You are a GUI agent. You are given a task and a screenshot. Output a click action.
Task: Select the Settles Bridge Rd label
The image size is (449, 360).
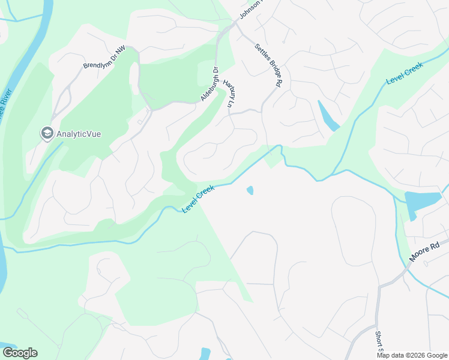(x=268, y=66)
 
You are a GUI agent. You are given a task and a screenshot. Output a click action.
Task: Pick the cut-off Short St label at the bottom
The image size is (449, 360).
(x=379, y=343)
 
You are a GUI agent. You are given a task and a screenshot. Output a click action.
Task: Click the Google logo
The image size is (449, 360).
(x=20, y=353)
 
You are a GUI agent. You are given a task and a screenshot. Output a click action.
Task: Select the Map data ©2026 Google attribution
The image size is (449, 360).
(x=412, y=355)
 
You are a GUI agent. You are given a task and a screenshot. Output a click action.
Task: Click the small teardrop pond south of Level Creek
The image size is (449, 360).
(x=250, y=191)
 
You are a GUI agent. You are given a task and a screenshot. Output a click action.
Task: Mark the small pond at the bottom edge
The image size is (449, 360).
(x=205, y=353)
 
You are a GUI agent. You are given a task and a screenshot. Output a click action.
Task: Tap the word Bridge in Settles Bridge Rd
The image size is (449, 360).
(x=268, y=66)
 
